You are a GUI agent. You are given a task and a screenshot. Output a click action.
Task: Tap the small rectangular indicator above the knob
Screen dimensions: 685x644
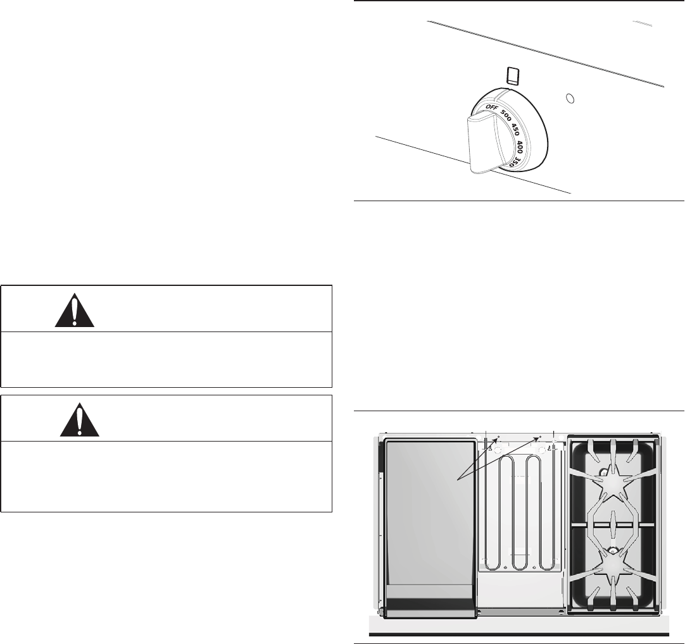513,76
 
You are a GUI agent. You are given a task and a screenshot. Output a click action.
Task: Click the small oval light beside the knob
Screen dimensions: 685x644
569,99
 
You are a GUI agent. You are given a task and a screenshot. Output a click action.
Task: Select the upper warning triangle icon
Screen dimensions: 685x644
75,309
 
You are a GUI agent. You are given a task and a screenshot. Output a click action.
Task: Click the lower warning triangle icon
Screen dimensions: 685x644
80,419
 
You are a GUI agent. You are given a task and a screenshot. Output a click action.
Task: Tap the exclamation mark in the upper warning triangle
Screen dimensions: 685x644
75,311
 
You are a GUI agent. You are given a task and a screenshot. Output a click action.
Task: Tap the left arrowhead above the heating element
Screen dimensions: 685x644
498,438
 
